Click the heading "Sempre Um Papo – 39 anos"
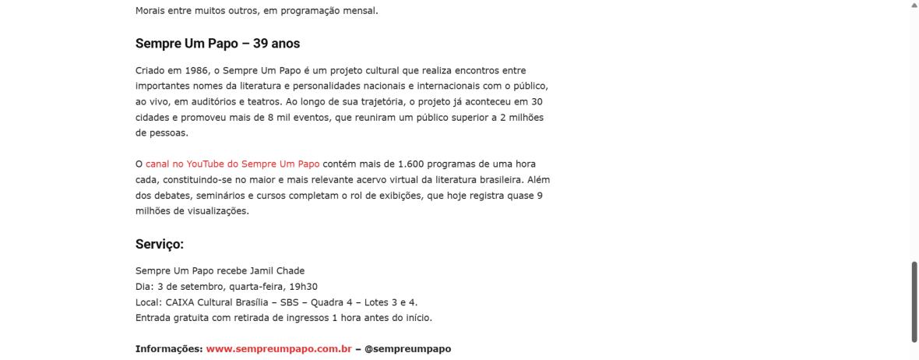tap(217, 44)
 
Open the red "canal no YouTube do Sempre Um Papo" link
tap(232, 164)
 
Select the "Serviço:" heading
tap(159, 244)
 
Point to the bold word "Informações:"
tap(169, 348)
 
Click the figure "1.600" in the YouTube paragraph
tap(411, 164)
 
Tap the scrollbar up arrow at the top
tap(914, 4)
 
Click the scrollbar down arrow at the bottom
tap(914, 355)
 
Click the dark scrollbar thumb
tap(914, 300)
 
